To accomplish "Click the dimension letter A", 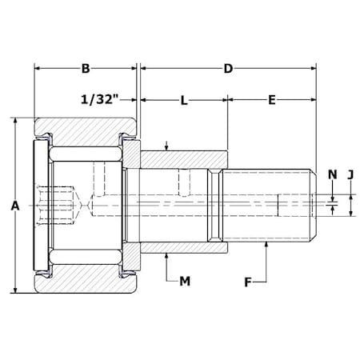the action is [x=15, y=206].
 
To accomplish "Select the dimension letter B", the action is [x=86, y=69].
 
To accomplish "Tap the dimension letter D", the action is [x=228, y=69].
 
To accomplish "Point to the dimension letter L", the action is [x=184, y=101].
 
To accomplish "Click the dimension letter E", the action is [x=272, y=100].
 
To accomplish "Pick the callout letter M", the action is [x=185, y=281].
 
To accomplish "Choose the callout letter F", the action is [x=248, y=282].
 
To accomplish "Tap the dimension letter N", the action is [x=333, y=174].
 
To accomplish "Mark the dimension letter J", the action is [x=350, y=175].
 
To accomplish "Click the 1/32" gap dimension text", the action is [x=99, y=99].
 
